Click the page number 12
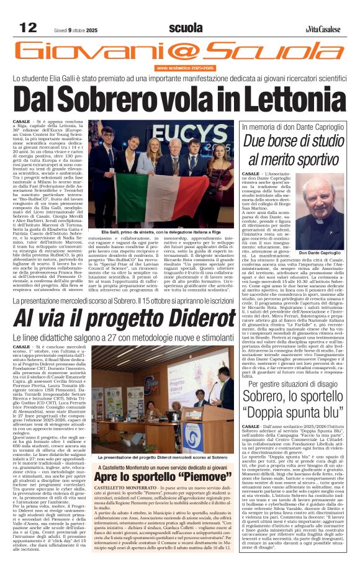(28, 27)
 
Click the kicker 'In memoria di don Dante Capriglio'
(295, 126)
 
